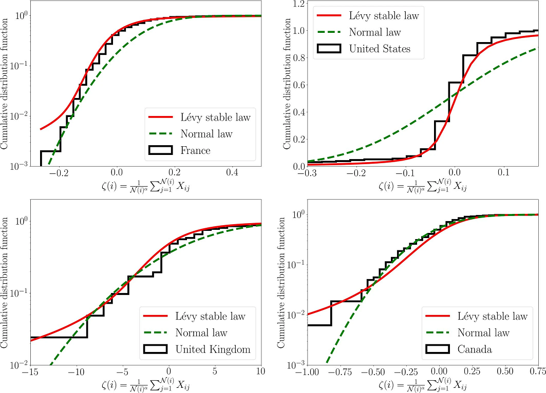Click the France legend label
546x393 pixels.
pyautogui.click(x=195, y=150)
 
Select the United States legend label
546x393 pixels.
pyautogui.click(x=380, y=49)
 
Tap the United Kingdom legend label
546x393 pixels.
pyautogui.click(x=213, y=349)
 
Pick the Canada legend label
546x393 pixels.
pyautogui.click(x=475, y=349)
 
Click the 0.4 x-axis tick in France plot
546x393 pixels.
pyautogui.click(x=232, y=172)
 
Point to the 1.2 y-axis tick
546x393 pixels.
pyautogui.click(x=298, y=4)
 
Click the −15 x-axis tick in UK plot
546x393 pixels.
pyautogui.click(x=31, y=371)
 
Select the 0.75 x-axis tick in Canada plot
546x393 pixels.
pyautogui.click(x=538, y=371)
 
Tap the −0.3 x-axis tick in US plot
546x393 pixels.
pyautogui.click(x=307, y=172)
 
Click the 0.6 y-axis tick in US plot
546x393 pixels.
pyautogui.click(x=298, y=85)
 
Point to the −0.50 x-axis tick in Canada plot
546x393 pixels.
pyautogui.click(x=373, y=371)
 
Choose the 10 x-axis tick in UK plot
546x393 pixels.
pyautogui.click(x=261, y=371)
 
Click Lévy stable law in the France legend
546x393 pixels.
pyautogui.click(x=216, y=117)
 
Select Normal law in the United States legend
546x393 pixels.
pyautogui.click(x=375, y=32)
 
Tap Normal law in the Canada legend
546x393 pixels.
pyautogui.click(x=483, y=333)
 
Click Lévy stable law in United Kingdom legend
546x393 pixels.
pyautogui.click(x=210, y=316)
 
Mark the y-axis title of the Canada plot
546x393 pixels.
pyautogui.click(x=281, y=282)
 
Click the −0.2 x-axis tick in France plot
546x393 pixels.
pyautogui.click(x=59, y=172)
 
